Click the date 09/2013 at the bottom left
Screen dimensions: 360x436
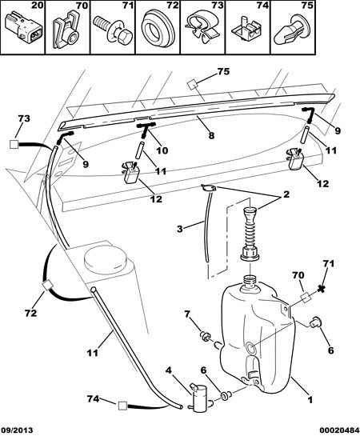17,430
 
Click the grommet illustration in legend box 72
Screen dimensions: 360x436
158,28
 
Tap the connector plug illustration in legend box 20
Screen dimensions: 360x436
23,28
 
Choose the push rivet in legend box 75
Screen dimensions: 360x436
292,30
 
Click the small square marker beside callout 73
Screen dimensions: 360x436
14,144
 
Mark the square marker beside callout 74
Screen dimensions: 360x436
122,406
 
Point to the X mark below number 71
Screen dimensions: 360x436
322,289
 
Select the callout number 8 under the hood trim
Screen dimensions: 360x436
211,136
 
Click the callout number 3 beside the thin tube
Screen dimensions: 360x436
180,229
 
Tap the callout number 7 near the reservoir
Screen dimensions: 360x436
187,314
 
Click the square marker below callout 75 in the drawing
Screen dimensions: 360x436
193,84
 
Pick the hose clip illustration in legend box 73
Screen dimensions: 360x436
202,29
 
